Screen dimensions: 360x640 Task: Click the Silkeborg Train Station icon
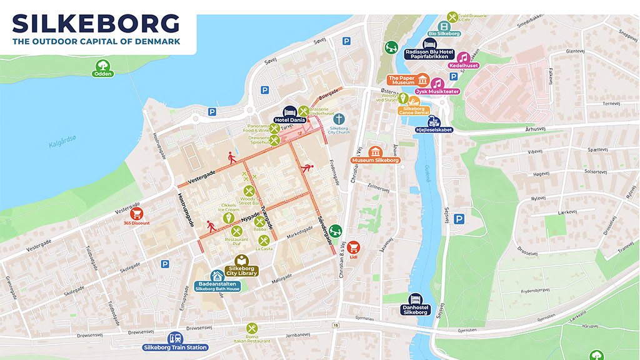click(176, 337)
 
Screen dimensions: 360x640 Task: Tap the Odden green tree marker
click(101, 64)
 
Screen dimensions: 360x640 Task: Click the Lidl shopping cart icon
click(354, 247)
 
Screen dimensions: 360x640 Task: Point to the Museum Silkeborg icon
click(375, 151)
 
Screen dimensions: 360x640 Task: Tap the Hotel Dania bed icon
click(289, 111)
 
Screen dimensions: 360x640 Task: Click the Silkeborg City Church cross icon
click(339, 118)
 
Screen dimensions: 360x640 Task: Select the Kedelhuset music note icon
click(462, 57)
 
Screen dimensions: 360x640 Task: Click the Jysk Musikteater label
click(437, 91)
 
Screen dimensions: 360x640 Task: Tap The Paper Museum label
click(402, 80)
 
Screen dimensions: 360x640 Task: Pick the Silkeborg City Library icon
click(241, 260)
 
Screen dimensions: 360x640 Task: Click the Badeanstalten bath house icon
click(217, 276)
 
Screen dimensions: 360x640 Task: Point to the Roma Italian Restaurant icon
click(251, 328)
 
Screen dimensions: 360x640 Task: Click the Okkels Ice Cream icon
click(229, 217)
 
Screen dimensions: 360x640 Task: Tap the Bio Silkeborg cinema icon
click(444, 26)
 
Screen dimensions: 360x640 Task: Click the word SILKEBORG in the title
click(96, 23)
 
